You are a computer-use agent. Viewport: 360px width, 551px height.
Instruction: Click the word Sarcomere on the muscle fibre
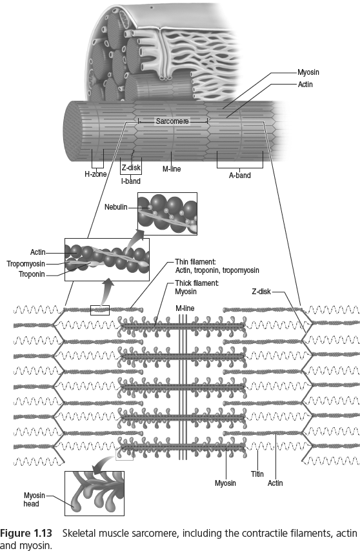click(172, 121)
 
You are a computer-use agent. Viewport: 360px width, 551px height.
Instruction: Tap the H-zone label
click(95, 174)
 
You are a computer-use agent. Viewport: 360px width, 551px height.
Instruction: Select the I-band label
click(131, 181)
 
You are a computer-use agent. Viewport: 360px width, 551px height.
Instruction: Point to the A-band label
click(239, 174)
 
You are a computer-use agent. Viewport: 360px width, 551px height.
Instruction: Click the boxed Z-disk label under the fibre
click(131, 168)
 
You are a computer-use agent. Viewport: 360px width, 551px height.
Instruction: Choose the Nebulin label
click(115, 207)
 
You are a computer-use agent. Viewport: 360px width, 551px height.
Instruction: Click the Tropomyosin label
click(29, 263)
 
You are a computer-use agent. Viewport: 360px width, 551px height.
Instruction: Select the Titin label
click(257, 474)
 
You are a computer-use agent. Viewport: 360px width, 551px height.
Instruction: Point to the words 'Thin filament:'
click(194, 262)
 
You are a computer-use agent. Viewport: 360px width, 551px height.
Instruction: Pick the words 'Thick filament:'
click(196, 283)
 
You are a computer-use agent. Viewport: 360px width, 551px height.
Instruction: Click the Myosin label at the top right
click(308, 73)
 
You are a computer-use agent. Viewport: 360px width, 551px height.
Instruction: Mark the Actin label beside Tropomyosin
click(37, 252)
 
